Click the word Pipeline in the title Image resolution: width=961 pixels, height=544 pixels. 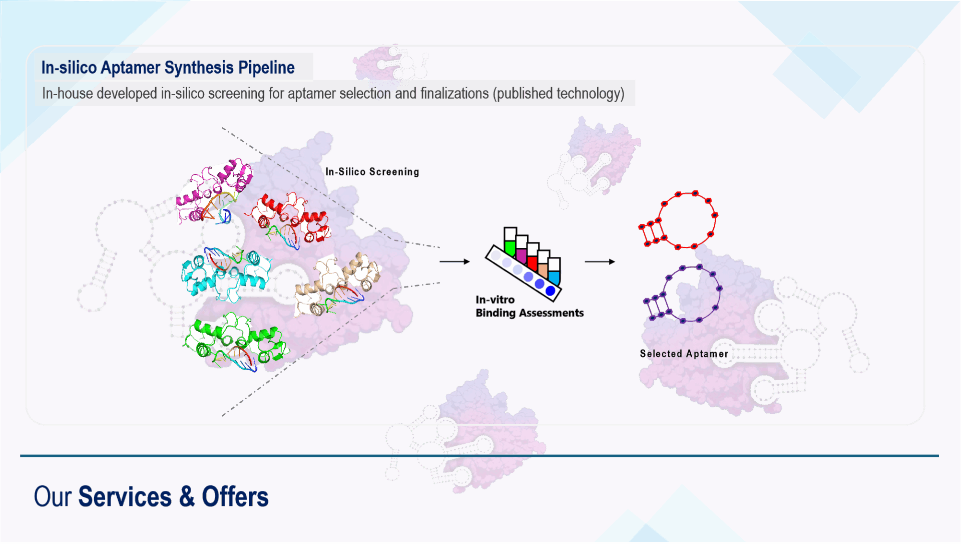tap(266, 68)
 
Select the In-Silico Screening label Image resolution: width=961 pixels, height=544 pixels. tap(372, 172)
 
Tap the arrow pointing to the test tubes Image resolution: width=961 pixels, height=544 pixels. tap(454, 261)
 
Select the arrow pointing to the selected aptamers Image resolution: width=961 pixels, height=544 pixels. tap(600, 261)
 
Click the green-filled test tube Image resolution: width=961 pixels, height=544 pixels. tap(510, 242)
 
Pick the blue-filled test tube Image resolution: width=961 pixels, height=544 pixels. tap(554, 271)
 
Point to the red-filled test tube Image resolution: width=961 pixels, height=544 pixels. tap(532, 257)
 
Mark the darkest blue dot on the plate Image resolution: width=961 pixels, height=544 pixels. tap(550, 291)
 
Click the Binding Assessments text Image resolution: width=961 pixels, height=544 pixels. tap(530, 313)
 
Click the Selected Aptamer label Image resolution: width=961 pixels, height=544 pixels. tap(684, 354)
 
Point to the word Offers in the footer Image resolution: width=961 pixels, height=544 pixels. tap(235, 497)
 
